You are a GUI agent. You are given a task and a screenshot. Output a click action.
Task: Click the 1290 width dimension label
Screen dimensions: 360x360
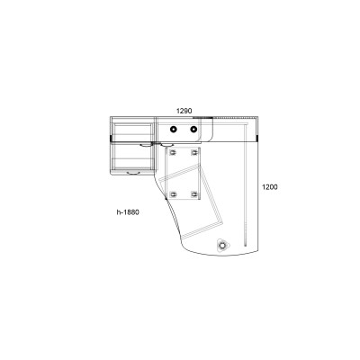point(184,111)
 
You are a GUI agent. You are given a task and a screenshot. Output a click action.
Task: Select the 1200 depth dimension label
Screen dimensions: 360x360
point(270,187)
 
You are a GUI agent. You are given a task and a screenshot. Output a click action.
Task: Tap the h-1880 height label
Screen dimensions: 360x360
point(128,212)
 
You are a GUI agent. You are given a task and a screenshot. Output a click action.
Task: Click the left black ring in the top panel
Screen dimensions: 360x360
point(173,130)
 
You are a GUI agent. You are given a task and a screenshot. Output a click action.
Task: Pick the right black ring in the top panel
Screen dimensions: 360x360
point(193,130)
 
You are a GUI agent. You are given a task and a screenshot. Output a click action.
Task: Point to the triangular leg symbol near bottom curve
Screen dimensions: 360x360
point(222,245)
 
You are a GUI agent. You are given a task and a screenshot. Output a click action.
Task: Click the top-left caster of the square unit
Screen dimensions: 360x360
point(173,153)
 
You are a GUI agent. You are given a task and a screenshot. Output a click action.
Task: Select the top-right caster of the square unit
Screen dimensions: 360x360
point(194,153)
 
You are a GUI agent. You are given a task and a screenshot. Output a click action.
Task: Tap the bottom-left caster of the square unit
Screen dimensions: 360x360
point(173,195)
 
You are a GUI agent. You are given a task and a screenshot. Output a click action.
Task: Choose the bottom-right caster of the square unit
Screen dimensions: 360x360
point(194,195)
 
